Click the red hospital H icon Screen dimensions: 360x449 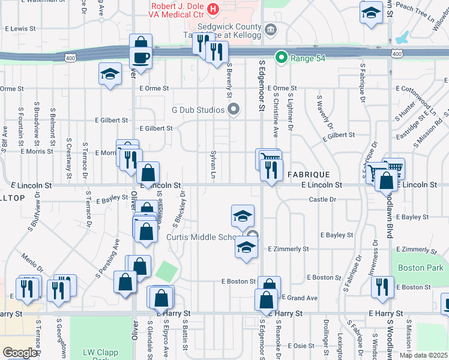(x=212, y=8)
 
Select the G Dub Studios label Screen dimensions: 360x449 (x=198, y=110)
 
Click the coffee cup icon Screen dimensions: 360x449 (x=141, y=58)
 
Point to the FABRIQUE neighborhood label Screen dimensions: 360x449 (x=307, y=174)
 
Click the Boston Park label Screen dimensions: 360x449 (x=420, y=268)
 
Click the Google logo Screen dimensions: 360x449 (x=19, y=353)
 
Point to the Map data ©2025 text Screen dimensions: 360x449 (x=423, y=355)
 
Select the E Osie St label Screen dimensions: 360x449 (x=301, y=346)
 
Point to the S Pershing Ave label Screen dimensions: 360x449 (x=106, y=259)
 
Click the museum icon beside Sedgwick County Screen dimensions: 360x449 (x=271, y=28)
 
